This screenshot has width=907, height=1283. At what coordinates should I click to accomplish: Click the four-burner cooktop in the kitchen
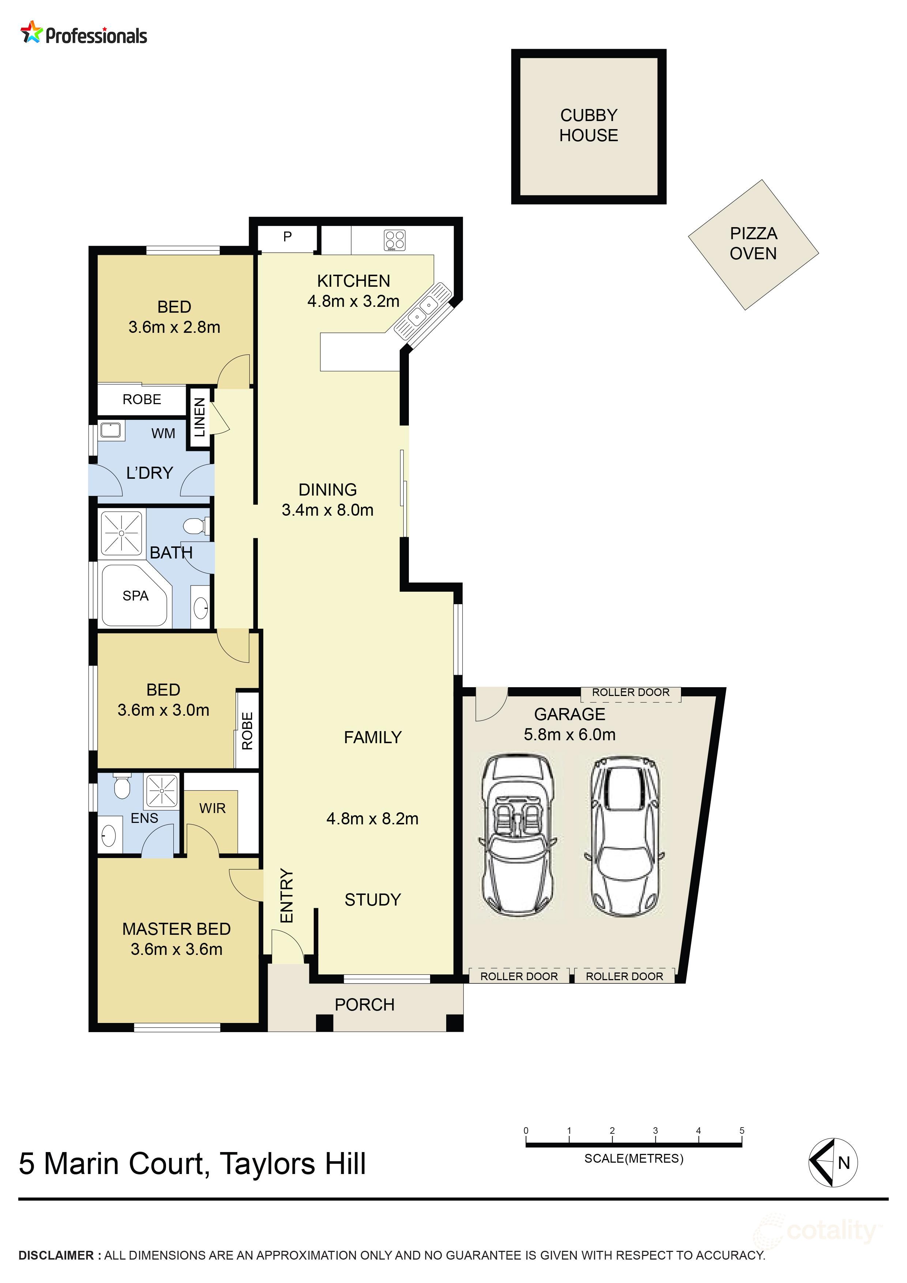(395, 240)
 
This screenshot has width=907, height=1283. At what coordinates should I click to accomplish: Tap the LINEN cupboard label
(200, 417)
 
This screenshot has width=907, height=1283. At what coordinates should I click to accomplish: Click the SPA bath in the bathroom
(135, 596)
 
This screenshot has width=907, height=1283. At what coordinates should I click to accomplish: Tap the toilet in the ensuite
(121, 787)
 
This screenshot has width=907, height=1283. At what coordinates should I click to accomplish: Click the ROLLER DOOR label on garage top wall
(631, 692)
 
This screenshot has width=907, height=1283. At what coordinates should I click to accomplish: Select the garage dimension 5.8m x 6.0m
(569, 734)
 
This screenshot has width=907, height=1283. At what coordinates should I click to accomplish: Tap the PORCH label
(364, 1005)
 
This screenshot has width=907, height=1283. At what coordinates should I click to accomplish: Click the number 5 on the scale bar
(742, 1130)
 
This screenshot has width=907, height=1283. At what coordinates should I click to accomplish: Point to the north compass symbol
(833, 1163)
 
